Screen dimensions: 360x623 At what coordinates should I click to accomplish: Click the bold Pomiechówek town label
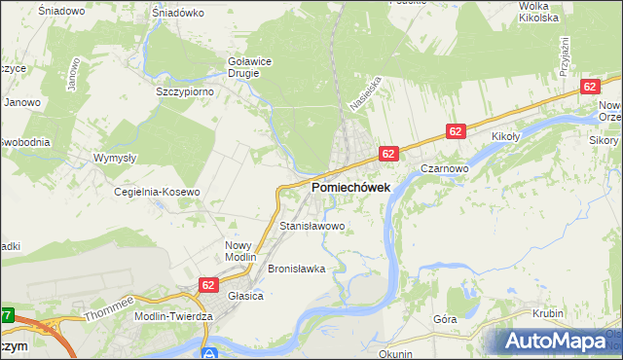click(x=351, y=187)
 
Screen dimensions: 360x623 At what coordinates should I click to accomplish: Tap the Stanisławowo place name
click(x=312, y=226)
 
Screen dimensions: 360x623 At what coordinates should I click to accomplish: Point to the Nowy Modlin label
click(x=239, y=251)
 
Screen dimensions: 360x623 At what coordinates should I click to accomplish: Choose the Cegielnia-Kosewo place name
click(x=157, y=192)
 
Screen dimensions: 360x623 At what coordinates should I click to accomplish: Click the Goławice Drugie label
click(x=248, y=66)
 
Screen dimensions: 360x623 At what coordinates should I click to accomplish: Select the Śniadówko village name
click(x=177, y=14)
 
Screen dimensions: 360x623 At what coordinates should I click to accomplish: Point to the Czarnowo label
click(x=446, y=167)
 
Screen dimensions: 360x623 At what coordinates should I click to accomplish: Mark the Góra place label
click(x=444, y=318)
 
